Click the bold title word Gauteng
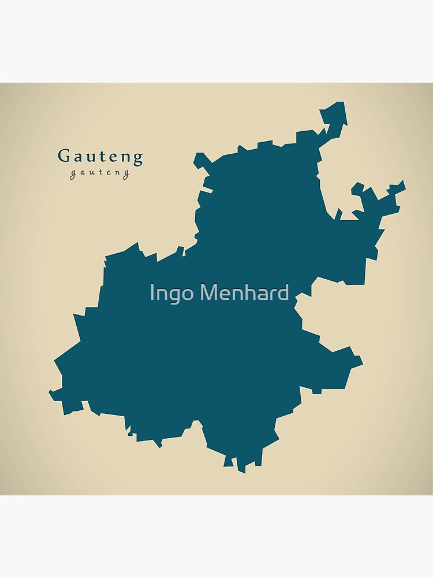click(x=100, y=156)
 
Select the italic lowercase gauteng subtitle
click(x=100, y=173)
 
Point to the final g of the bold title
click(x=137, y=158)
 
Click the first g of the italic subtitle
click(x=73, y=175)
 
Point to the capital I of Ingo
click(x=152, y=292)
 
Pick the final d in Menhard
click(x=283, y=292)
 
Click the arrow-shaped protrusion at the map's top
click(x=335, y=114)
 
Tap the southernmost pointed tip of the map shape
click(x=242, y=472)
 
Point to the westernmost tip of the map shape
click(x=50, y=393)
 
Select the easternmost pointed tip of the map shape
click(x=404, y=184)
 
